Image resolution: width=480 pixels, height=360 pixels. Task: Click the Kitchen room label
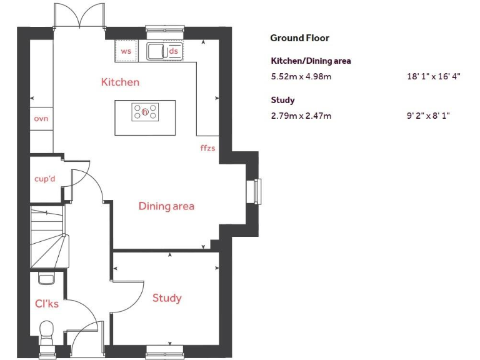pos(120,82)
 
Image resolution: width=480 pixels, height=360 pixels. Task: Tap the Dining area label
pos(166,206)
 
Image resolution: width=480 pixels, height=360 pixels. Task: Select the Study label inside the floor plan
pos(167,297)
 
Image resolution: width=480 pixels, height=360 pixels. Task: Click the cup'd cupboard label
pos(45,179)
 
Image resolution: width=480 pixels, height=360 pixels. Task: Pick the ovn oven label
pos(41,118)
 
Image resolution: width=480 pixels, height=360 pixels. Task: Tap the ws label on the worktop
pos(126,51)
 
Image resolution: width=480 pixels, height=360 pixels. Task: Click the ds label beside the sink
pos(174,51)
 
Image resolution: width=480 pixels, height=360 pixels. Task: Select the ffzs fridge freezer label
pos(207,148)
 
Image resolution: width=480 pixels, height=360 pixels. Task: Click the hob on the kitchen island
pos(145,112)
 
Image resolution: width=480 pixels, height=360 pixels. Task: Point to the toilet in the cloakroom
pos(47,330)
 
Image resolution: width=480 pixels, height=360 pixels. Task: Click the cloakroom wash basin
pos(47,277)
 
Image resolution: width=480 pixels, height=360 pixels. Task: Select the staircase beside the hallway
pos(48,237)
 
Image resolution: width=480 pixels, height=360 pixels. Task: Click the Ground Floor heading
pos(299,38)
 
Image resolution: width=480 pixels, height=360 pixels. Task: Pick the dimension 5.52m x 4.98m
pos(301,77)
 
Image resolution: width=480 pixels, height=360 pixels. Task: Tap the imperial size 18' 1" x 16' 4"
pos(433,77)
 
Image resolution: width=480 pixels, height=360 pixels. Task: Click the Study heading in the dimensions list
pos(282,100)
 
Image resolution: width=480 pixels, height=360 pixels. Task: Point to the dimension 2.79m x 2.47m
pos(301,116)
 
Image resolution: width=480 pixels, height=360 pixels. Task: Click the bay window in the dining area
pos(256,191)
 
